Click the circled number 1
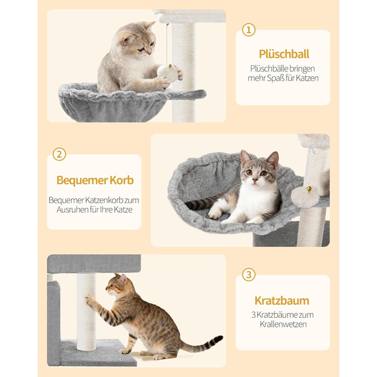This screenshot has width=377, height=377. click(248, 30)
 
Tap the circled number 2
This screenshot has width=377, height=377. click(59, 154)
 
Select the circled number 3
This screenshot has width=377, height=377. click(248, 275)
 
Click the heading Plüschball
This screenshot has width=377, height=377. click(284, 54)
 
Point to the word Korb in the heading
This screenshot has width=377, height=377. click(121, 180)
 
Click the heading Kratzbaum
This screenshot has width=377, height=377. click(282, 301)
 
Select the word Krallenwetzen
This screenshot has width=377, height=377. click(283, 324)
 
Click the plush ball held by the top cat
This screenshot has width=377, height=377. click(167, 73)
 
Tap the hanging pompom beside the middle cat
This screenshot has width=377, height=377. click(305, 197)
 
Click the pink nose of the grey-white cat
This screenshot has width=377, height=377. click(255, 179)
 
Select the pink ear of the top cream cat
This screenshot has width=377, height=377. click(127, 39)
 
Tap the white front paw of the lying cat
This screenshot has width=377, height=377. click(215, 213)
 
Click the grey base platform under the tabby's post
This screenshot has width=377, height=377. click(98, 353)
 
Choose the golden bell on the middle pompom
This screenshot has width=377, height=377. click(309, 188)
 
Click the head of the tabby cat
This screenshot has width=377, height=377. click(117, 284)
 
